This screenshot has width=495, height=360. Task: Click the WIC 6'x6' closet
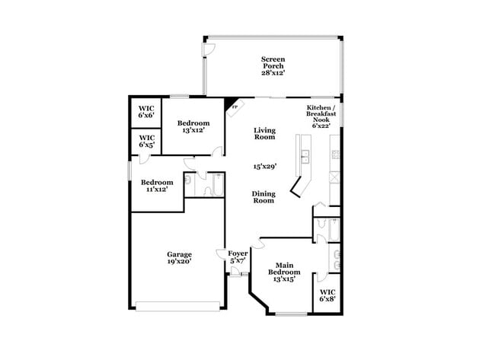[146, 113]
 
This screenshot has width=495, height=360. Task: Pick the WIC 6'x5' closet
[146, 142]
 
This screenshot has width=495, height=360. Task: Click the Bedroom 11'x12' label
[157, 186]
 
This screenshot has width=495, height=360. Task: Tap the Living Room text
[264, 134]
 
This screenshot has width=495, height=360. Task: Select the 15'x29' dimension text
[264, 165]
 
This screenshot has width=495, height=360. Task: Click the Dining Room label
[263, 197]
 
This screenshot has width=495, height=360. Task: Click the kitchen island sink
[305, 158]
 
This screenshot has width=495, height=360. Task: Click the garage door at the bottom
[178, 306]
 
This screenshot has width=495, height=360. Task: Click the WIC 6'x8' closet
[327, 295]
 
